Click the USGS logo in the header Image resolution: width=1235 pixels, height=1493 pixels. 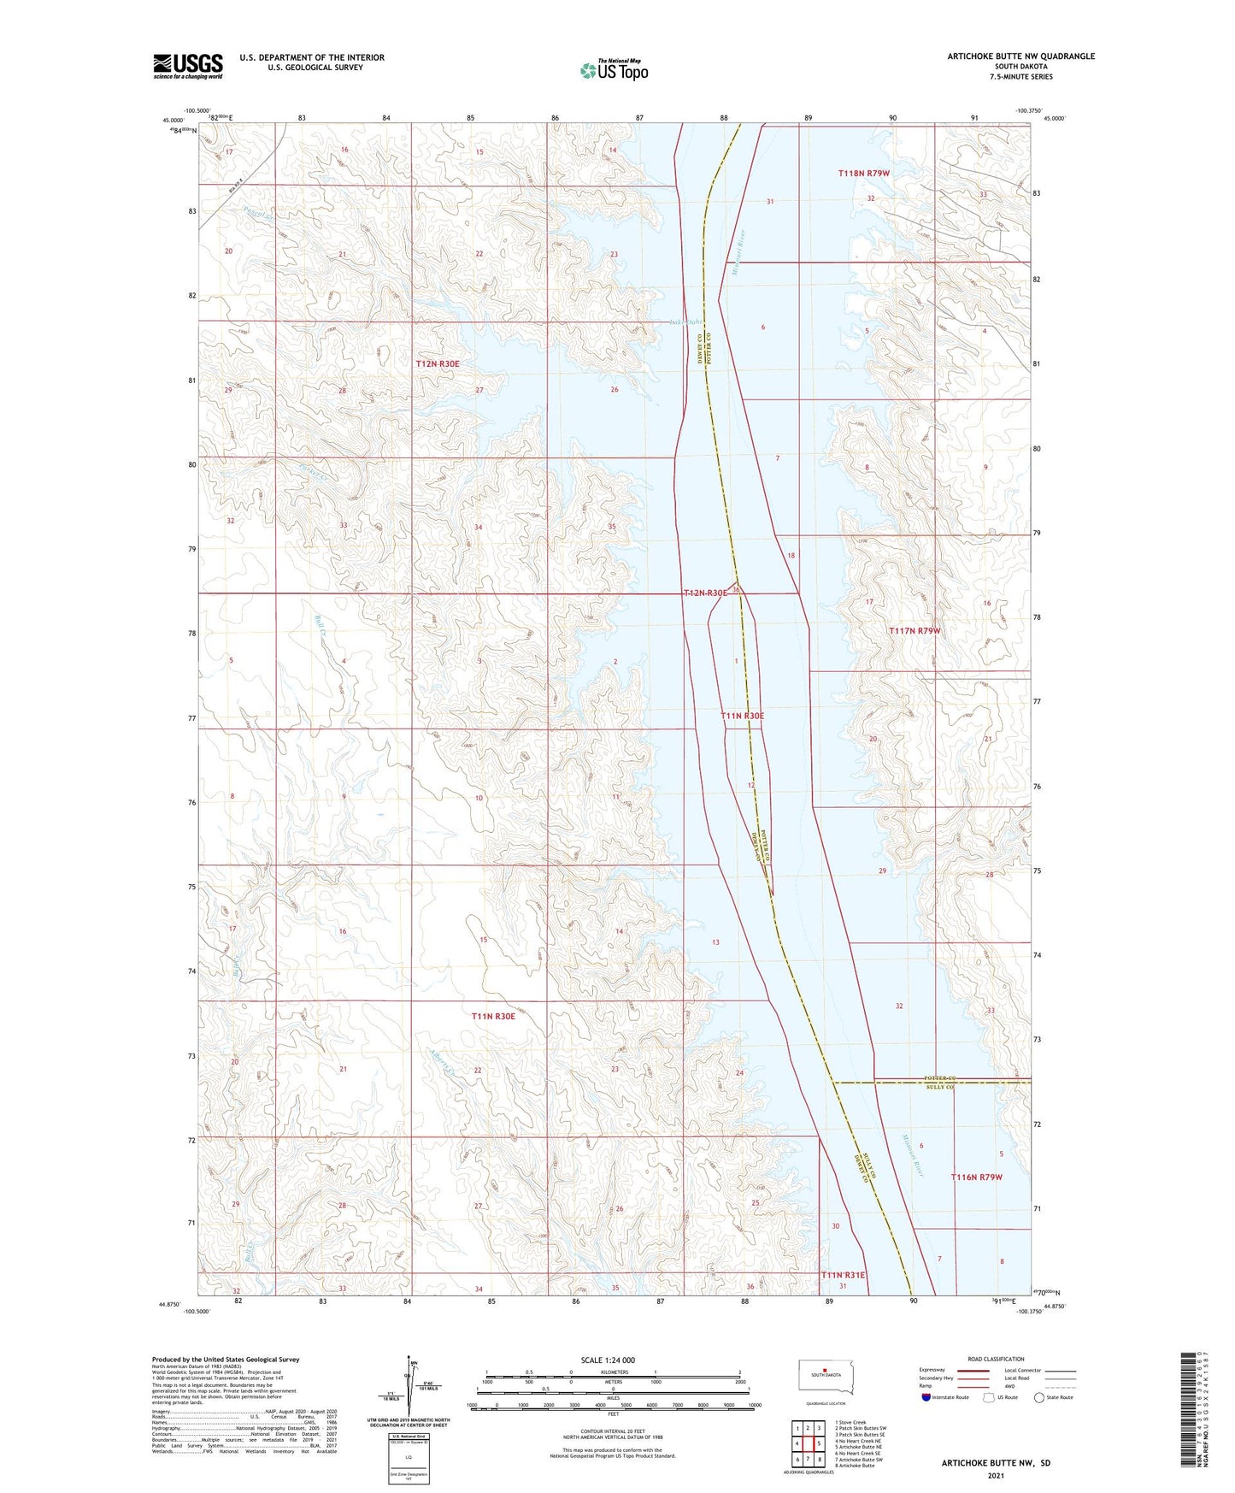(x=188, y=65)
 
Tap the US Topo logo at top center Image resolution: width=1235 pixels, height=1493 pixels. (x=614, y=70)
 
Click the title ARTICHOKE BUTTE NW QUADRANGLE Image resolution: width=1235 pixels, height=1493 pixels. (x=1020, y=56)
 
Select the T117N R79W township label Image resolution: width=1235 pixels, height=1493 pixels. (x=914, y=631)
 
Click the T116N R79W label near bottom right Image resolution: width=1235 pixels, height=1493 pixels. (x=976, y=1177)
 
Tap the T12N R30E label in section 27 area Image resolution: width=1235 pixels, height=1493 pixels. (x=438, y=364)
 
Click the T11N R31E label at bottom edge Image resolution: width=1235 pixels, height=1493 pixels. (x=843, y=1275)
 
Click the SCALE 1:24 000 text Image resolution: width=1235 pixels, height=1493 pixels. (x=608, y=1360)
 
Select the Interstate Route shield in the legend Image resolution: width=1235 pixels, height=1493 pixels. (x=926, y=1397)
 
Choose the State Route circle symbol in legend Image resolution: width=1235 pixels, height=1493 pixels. (x=1039, y=1397)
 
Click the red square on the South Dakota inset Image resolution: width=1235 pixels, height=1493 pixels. (x=826, y=1375)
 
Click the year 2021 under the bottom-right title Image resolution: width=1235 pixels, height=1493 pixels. (x=996, y=1476)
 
